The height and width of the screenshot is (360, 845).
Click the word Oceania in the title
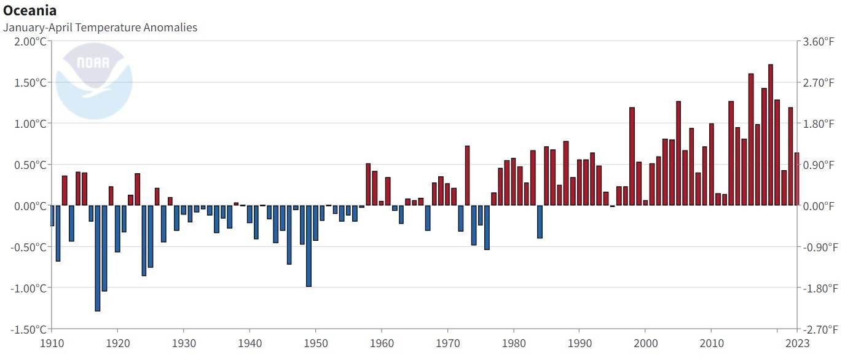[30, 10]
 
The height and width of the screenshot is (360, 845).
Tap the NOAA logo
[93, 80]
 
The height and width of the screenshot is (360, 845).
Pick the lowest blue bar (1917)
[98, 258]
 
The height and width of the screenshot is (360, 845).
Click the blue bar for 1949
[309, 246]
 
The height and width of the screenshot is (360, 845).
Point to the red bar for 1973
[467, 175]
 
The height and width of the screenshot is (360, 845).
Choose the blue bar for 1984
[540, 221]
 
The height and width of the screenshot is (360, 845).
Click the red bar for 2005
[678, 153]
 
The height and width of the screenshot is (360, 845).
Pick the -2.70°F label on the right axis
[817, 329]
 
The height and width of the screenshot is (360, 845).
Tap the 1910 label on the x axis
[52, 344]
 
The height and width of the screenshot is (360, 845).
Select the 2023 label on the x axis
[797, 344]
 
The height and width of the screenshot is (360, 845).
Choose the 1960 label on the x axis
[382, 344]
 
